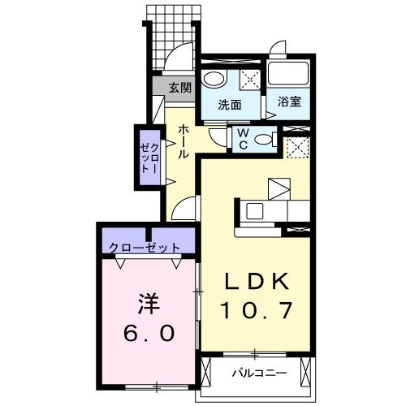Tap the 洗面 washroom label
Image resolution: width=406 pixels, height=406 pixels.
coord(231,104)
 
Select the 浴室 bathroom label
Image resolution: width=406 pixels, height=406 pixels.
coord(289,103)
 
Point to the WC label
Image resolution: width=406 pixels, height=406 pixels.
coord(243,140)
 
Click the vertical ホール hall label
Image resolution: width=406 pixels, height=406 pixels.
coord(184,143)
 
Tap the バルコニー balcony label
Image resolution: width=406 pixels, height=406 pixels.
coord(258,374)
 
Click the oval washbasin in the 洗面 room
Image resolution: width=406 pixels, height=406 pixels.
coord(214,80)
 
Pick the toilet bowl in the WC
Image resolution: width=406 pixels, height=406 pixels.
coord(263,140)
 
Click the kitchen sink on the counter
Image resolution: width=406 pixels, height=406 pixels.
coord(253,211)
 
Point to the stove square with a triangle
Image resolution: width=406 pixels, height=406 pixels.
coord(279,188)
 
